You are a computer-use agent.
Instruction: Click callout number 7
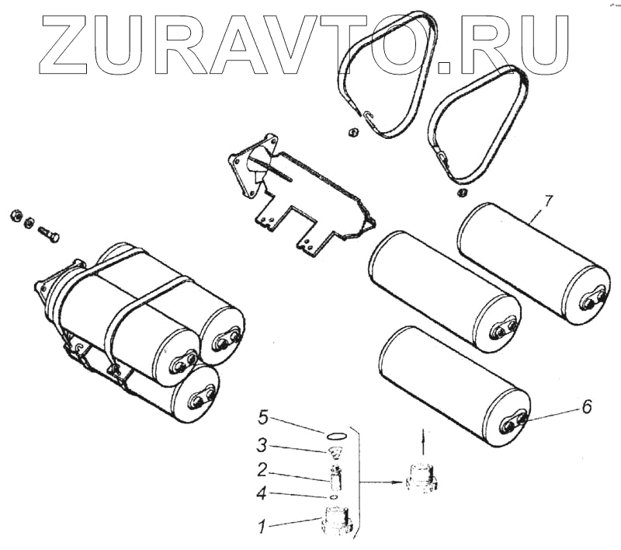[x=548, y=202]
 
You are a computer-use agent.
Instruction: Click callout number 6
[x=587, y=407]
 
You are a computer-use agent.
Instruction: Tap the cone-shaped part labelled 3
[x=336, y=453]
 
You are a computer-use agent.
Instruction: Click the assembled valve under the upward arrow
[x=421, y=475]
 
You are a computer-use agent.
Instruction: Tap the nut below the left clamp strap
[x=352, y=131]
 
